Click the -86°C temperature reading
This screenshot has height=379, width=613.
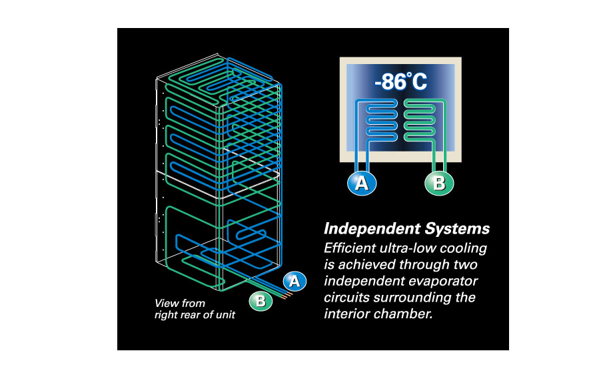point(400,83)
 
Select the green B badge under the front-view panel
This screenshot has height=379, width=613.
point(438,183)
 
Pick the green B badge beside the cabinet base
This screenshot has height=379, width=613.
point(261,301)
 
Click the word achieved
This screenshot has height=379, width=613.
point(360,264)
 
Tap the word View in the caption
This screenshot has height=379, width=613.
point(167,303)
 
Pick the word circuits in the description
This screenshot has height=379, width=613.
point(347,296)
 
